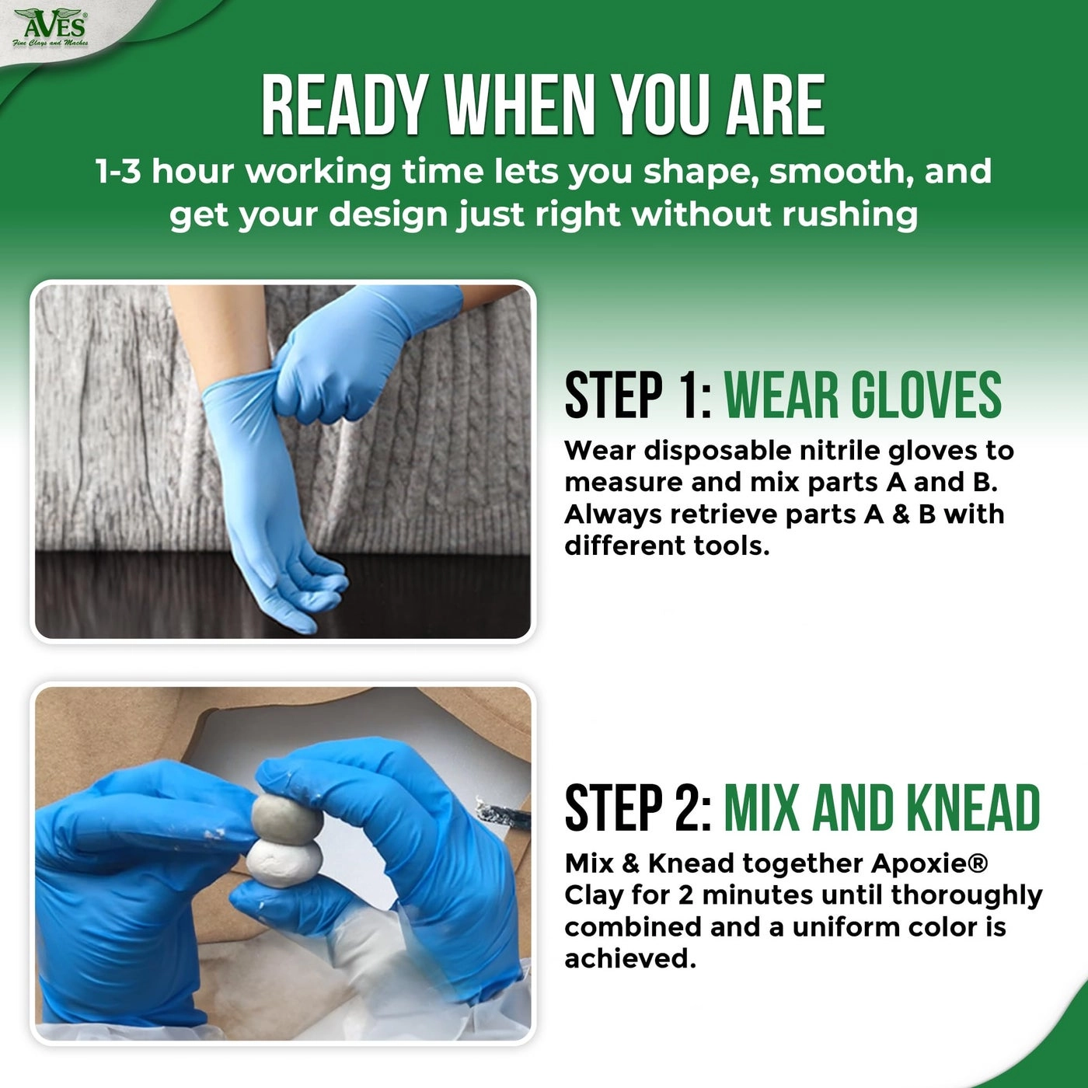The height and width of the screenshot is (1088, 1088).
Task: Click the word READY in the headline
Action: pyautogui.click(x=343, y=106)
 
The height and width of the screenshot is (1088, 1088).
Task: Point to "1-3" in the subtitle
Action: pyautogui.click(x=118, y=172)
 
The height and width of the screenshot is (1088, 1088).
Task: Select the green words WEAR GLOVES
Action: pyautogui.click(x=863, y=395)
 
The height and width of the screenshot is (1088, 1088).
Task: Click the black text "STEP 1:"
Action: pyautogui.click(x=637, y=395)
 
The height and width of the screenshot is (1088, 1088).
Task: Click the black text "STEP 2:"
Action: pyautogui.click(x=637, y=808)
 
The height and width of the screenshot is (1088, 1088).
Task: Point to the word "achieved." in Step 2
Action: pyautogui.click(x=630, y=959)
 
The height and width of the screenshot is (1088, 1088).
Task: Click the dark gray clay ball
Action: pyautogui.click(x=281, y=816)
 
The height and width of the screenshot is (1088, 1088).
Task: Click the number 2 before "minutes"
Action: pyautogui.click(x=685, y=895)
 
